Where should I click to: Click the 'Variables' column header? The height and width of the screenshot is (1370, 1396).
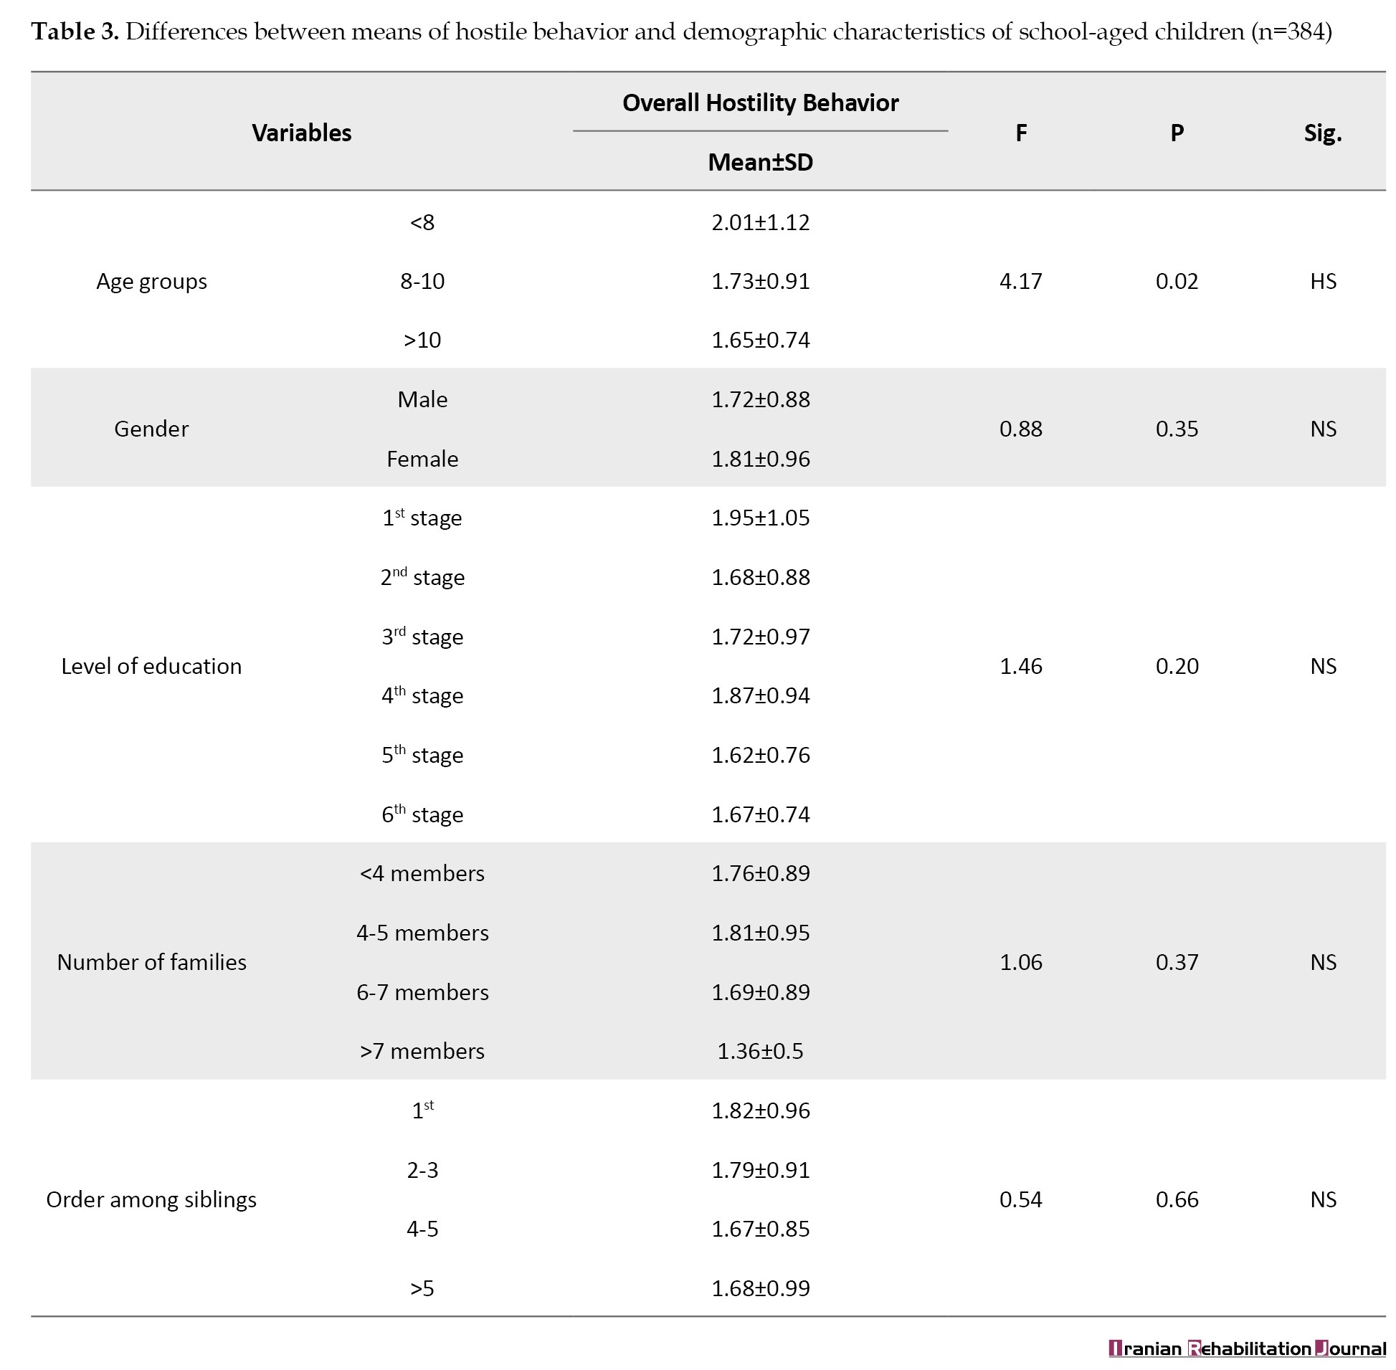click(302, 133)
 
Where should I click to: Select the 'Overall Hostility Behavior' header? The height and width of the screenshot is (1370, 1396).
click(760, 103)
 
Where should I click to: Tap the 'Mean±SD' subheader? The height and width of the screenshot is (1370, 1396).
click(760, 162)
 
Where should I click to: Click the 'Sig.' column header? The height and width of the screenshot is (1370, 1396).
click(1323, 133)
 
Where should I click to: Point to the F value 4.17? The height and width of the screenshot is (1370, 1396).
click(1020, 280)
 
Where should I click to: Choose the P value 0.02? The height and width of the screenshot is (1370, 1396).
click(1177, 280)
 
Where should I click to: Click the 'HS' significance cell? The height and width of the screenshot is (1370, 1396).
click(1323, 280)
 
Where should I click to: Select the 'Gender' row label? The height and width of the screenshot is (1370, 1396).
click(151, 429)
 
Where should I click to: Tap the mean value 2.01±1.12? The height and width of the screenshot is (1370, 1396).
click(760, 222)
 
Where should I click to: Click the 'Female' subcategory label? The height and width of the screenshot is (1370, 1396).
click(422, 458)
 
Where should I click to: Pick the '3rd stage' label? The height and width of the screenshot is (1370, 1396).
click(422, 636)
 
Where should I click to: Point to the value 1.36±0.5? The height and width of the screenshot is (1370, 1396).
click(760, 1050)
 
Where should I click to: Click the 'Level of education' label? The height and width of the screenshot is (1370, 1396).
click(151, 665)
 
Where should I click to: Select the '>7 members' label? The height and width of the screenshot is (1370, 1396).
click(422, 1050)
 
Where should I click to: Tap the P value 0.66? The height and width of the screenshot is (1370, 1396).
click(1177, 1199)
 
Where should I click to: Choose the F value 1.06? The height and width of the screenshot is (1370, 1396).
click(1020, 962)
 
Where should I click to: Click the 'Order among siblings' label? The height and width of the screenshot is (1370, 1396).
click(151, 1199)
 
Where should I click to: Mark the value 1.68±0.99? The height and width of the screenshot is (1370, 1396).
click(760, 1288)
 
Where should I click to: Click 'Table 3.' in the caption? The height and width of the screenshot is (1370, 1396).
click(75, 32)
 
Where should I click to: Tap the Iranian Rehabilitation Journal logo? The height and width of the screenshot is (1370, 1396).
click(1246, 1348)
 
